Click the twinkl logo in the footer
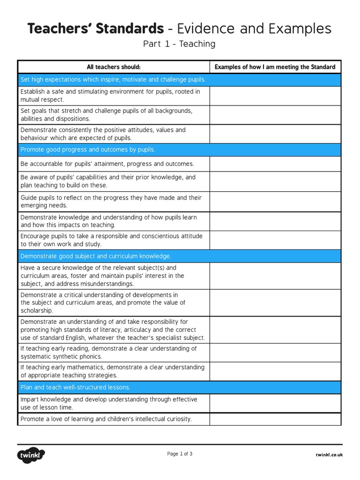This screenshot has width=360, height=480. (x=31, y=455)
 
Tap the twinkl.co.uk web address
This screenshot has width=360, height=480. (x=329, y=455)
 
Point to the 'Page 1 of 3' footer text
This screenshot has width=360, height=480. (x=180, y=454)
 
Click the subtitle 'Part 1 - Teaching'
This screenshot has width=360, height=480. (x=180, y=44)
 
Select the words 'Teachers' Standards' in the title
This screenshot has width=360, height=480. (x=96, y=29)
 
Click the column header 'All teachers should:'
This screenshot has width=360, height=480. (x=113, y=67)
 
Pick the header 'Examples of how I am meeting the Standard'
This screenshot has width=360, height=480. (x=275, y=67)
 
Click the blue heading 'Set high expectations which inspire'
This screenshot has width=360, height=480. (x=113, y=80)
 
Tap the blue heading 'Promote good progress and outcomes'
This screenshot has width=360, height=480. (x=88, y=150)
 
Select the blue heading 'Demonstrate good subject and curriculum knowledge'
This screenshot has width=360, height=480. (x=96, y=256)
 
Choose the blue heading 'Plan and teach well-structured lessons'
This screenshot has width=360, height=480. (x=75, y=387)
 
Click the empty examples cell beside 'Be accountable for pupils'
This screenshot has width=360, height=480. (x=275, y=164)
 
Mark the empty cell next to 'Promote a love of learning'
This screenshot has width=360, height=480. (x=275, y=419)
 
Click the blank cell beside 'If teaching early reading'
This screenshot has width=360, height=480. (x=275, y=352)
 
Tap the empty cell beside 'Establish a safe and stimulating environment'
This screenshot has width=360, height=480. (x=275, y=96)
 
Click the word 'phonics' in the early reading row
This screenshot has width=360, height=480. (x=91, y=357)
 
